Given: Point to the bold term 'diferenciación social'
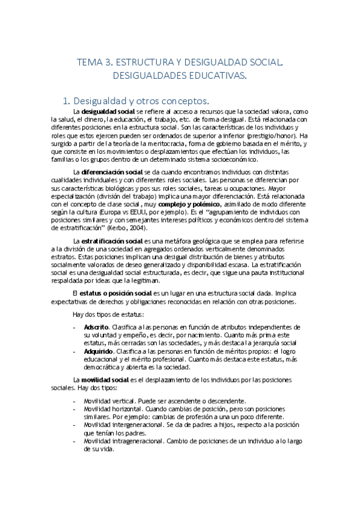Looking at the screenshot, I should (112, 173).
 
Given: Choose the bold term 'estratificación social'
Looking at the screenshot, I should (112, 241).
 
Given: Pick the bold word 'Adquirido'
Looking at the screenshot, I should (98, 350).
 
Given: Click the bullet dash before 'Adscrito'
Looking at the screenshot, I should (73, 327).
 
